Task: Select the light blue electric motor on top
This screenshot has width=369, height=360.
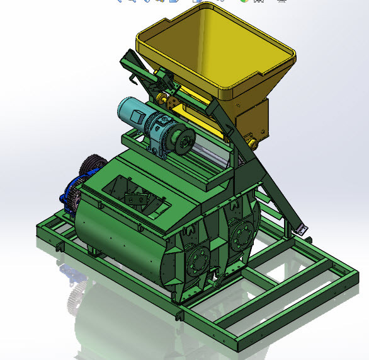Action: (135, 114)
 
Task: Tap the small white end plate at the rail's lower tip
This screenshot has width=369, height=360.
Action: (302, 229)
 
